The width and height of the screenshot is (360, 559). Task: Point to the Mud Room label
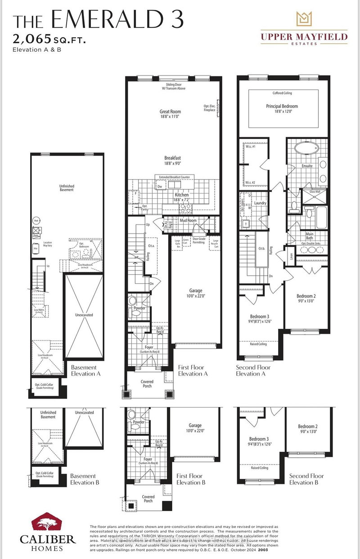(189, 221)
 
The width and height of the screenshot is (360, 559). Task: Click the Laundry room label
(260, 203)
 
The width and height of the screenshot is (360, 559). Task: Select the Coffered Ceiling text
(283, 94)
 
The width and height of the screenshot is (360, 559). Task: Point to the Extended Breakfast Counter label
(176, 177)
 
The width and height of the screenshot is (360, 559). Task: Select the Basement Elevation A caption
(86, 370)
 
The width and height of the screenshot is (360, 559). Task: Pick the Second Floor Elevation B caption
(306, 479)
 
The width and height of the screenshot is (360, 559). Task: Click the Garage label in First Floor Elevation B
(195, 428)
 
